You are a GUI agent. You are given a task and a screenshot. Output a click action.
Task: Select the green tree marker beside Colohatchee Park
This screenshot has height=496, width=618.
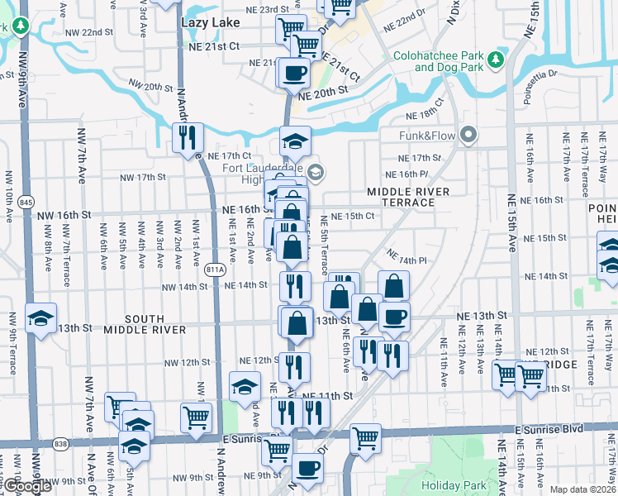495,59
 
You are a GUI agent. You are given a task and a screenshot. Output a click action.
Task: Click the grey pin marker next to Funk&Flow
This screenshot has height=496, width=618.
469,134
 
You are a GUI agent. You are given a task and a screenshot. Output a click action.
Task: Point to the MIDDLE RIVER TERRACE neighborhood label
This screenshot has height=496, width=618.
409,197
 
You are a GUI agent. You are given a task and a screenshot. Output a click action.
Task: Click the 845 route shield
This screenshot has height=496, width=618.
26,202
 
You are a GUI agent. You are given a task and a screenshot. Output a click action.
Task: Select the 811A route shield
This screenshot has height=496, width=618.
216,269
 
